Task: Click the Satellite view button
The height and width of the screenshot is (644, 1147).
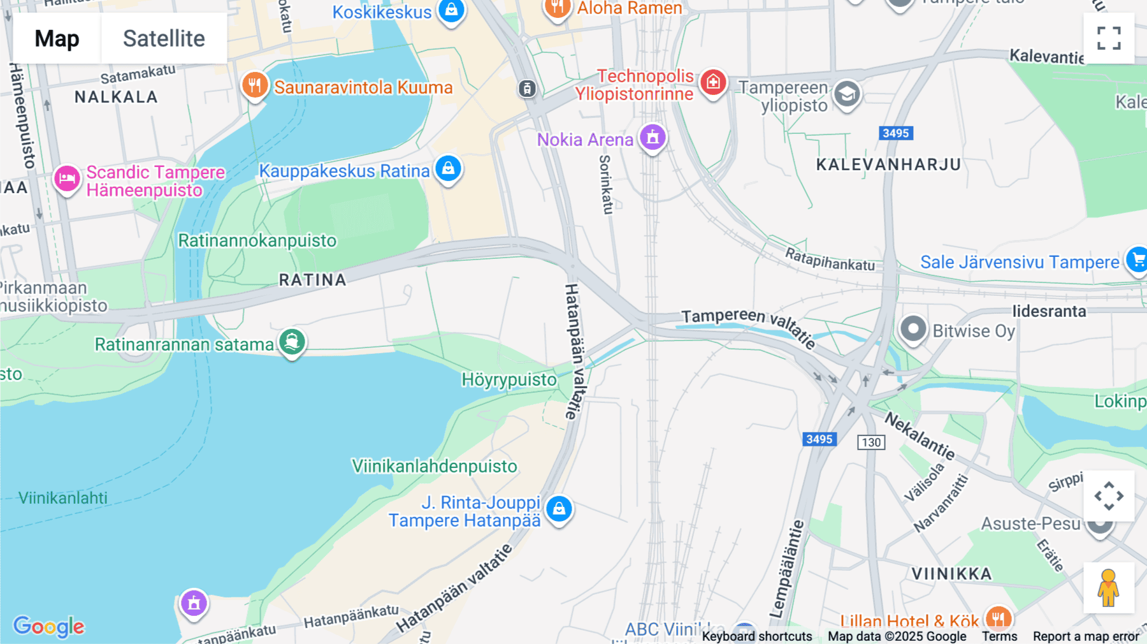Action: click(164, 38)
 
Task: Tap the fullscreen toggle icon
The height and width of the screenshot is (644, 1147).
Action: click(1109, 38)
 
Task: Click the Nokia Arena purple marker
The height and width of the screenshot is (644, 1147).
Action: click(653, 137)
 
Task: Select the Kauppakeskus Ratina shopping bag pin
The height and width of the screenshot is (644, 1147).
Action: click(448, 169)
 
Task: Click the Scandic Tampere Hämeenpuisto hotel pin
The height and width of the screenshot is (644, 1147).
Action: click(67, 179)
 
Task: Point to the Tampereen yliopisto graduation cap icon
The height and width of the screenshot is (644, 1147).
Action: click(847, 95)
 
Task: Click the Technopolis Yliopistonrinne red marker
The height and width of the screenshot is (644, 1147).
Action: click(713, 82)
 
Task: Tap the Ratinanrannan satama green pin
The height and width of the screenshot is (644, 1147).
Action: click(292, 342)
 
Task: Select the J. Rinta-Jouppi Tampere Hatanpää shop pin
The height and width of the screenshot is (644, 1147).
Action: click(559, 509)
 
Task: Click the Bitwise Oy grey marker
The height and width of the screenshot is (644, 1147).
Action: click(913, 330)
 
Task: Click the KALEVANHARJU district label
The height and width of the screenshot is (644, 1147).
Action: click(888, 165)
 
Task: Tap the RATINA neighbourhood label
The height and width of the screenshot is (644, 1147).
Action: click(312, 280)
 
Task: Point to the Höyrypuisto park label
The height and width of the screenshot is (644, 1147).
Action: click(509, 380)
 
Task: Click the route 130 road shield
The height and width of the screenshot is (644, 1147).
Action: click(871, 442)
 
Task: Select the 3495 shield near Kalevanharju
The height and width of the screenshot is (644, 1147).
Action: click(895, 133)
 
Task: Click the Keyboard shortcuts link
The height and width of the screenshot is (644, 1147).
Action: click(756, 636)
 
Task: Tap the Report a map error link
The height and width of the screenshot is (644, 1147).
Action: click(1085, 636)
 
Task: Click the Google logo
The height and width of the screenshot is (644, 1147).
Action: click(48, 626)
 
